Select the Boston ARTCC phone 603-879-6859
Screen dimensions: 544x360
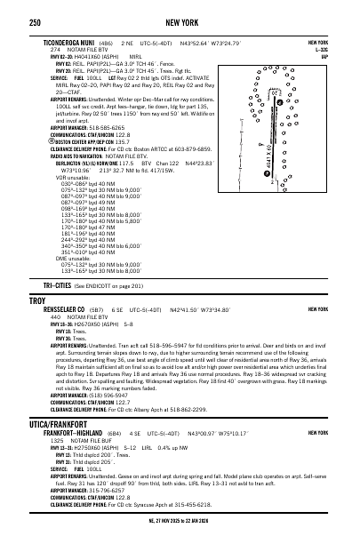pos(198,147)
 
